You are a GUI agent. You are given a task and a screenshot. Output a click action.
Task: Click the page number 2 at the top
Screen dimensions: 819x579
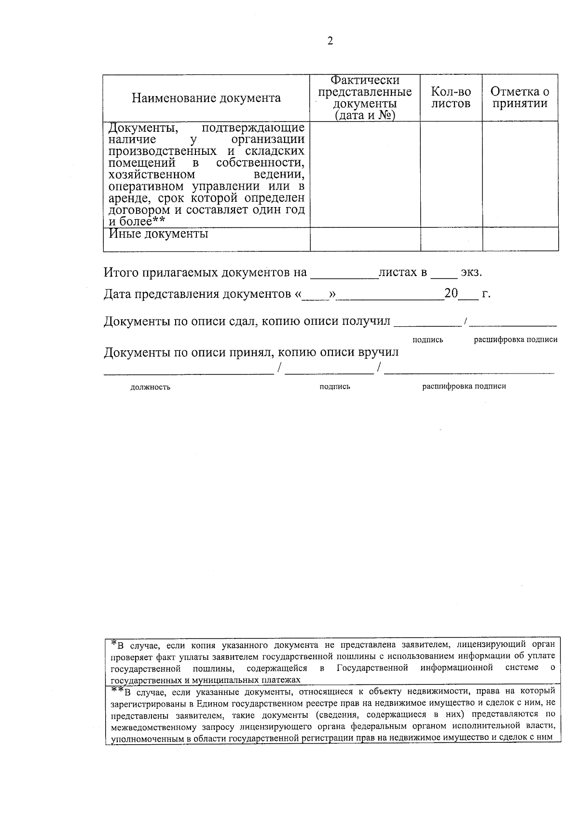[330, 42]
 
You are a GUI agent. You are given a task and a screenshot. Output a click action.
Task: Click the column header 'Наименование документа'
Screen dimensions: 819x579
[206, 98]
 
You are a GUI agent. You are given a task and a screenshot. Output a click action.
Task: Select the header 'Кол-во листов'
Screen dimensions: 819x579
[451, 97]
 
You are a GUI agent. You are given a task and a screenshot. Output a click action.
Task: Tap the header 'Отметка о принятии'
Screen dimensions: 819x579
[520, 97]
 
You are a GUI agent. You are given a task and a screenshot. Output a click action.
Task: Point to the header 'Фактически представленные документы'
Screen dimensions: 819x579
[365, 98]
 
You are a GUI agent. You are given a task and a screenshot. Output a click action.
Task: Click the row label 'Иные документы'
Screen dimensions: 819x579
[158, 234]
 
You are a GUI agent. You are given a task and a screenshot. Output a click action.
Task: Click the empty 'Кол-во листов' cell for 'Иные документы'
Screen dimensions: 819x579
[451, 239]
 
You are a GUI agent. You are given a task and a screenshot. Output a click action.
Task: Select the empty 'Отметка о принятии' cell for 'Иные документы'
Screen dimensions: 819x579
[520, 239]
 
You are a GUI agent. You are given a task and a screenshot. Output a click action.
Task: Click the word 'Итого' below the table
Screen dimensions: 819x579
[121, 273]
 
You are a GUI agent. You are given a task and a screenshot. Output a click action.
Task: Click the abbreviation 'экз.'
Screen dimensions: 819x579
[471, 273]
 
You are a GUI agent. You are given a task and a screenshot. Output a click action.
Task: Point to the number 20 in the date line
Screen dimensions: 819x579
[451, 293]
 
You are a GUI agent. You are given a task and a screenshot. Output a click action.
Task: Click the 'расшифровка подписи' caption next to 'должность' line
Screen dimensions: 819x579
[464, 386]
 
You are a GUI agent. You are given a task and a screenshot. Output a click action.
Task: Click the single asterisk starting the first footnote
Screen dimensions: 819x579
[114, 643]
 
